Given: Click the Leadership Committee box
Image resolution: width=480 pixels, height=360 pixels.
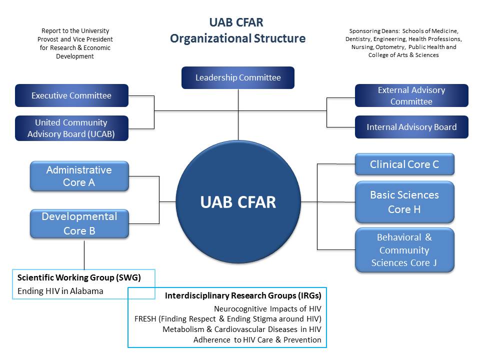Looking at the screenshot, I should click(x=238, y=77).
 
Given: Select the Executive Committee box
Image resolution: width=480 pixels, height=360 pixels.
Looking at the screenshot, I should click(x=71, y=95).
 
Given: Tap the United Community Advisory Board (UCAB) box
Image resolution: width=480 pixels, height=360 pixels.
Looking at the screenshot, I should click(x=71, y=128).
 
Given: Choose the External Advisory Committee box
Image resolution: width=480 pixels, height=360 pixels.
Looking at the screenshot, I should click(x=411, y=95).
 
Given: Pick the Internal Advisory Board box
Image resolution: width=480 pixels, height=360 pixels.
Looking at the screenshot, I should click(x=411, y=127).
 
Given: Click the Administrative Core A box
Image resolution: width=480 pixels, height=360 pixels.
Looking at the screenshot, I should click(x=79, y=176).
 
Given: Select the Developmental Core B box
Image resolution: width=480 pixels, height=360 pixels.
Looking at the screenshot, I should click(x=79, y=223).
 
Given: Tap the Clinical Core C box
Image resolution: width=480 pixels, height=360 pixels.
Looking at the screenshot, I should click(x=404, y=164).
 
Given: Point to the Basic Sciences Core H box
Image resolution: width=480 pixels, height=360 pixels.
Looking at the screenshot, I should click(x=404, y=202).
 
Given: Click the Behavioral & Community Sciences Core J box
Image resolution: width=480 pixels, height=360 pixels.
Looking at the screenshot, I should click(x=404, y=250).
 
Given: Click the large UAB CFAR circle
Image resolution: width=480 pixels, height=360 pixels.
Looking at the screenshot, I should click(x=238, y=202).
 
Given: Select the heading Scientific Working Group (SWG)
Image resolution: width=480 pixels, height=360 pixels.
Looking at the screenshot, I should click(x=79, y=277).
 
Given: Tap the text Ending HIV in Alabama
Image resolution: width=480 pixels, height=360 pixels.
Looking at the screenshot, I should click(x=60, y=291).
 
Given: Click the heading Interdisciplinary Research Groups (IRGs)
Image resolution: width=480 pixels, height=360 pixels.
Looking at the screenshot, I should click(x=243, y=296).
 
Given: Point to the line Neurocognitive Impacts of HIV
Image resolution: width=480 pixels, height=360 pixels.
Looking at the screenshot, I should click(x=267, y=309).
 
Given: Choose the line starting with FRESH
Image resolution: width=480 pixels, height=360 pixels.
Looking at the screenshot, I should click(x=228, y=319).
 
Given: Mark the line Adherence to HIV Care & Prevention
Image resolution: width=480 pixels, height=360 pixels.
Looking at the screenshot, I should click(x=257, y=340).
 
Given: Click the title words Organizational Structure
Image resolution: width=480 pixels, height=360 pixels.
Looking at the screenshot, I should click(x=237, y=38).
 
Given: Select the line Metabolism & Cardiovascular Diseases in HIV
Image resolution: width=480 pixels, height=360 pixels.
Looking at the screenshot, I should click(x=241, y=329).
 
